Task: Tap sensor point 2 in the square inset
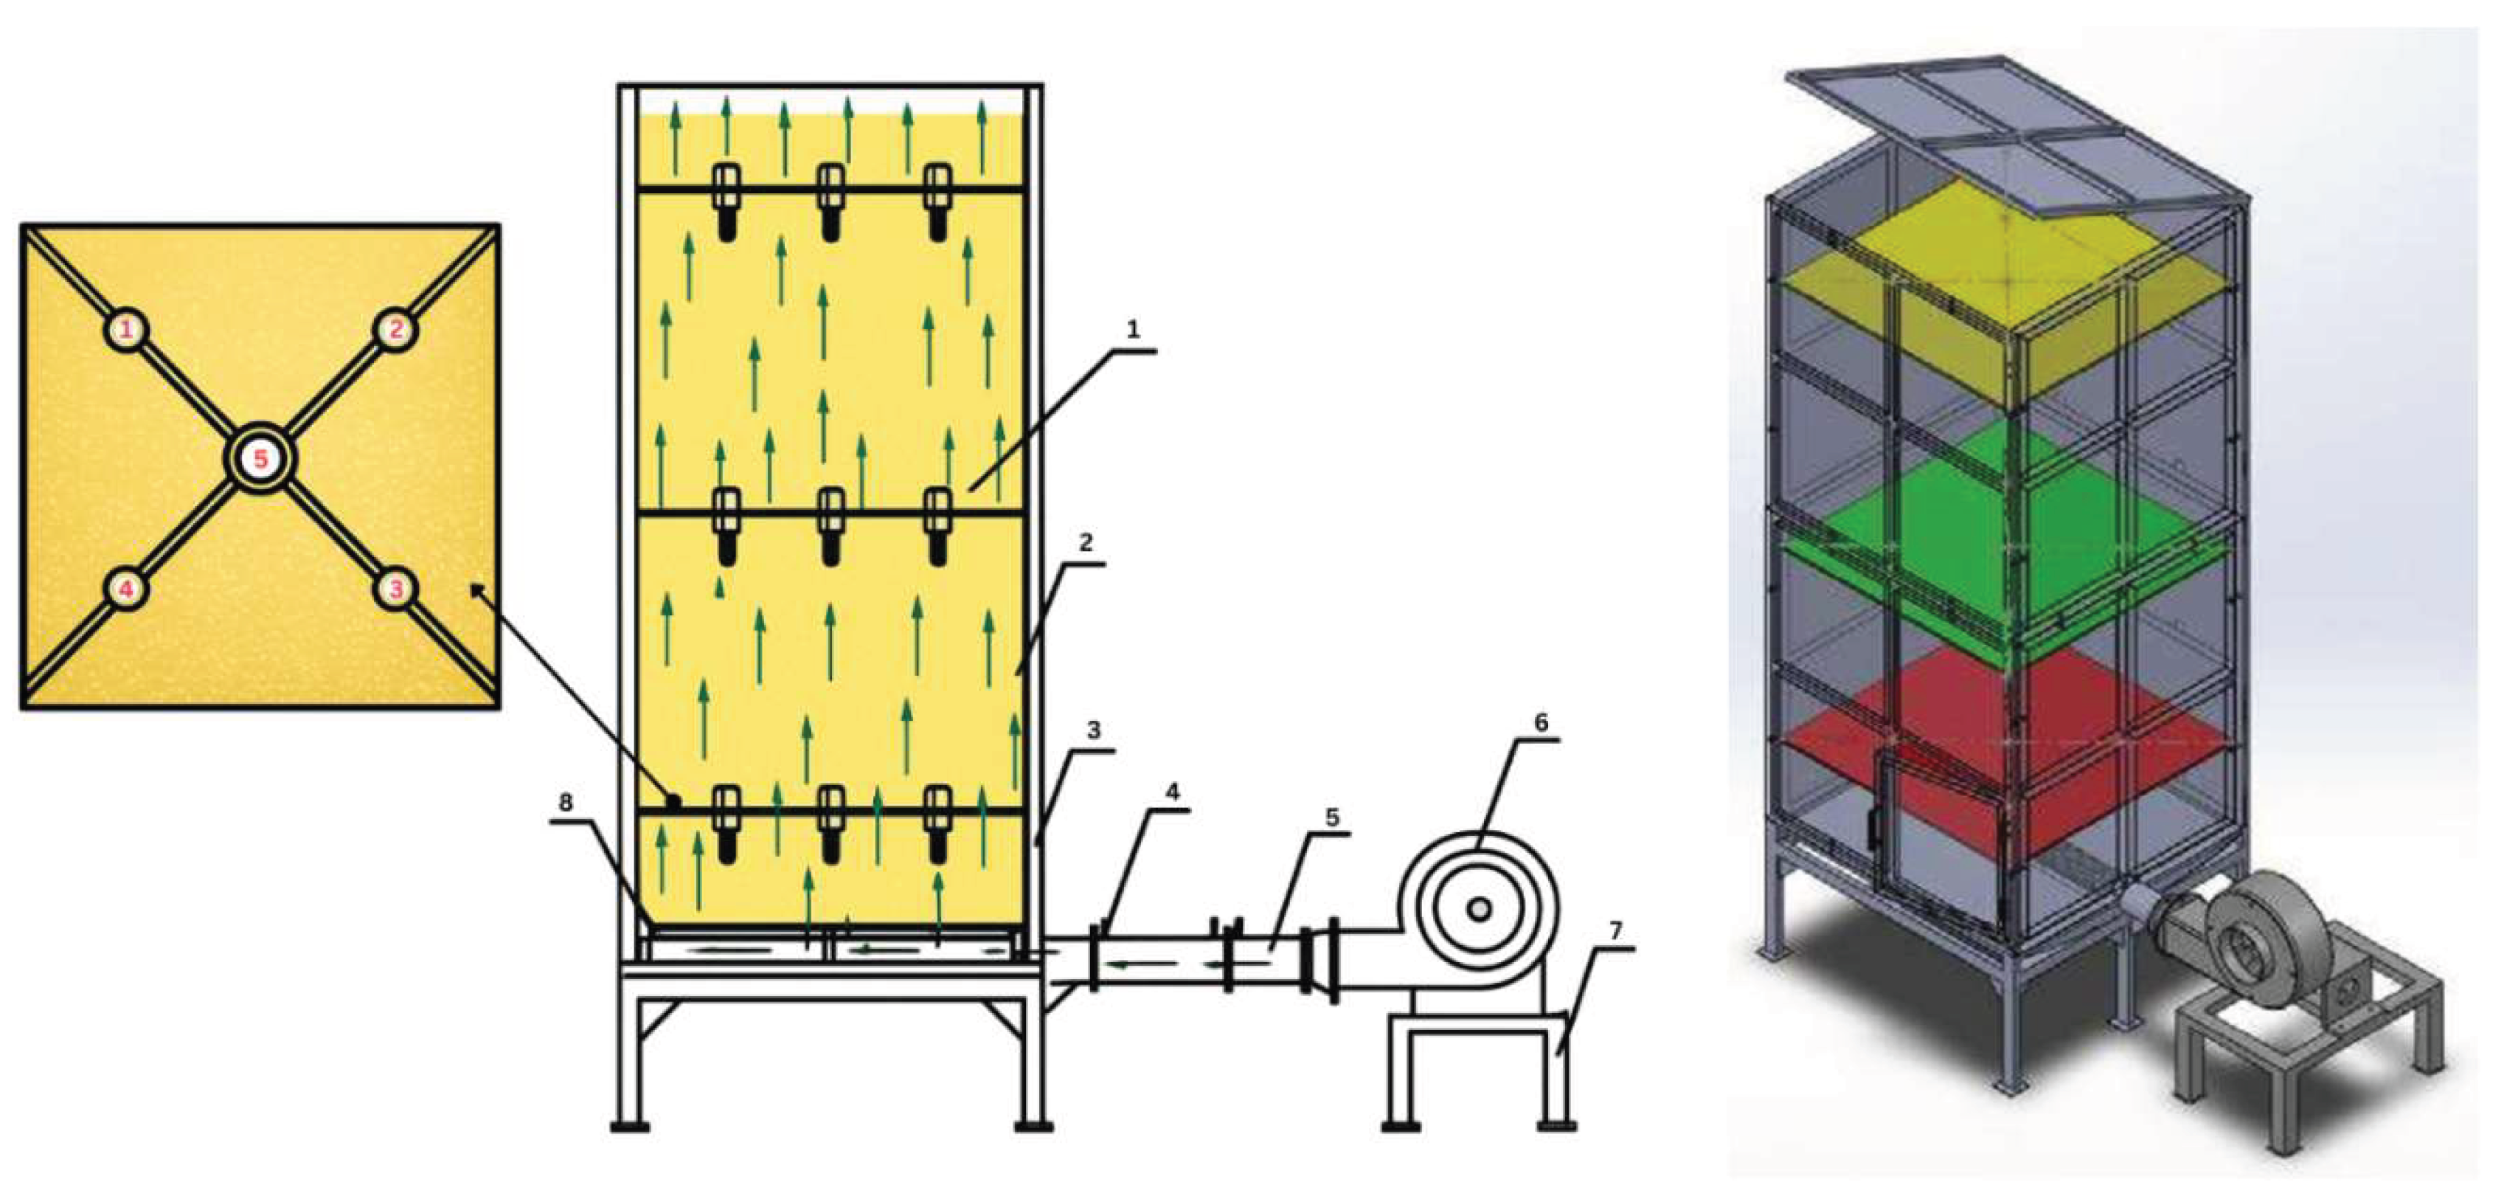(395, 330)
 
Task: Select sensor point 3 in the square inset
(395, 588)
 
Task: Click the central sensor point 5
(260, 458)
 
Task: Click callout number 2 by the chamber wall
(1086, 542)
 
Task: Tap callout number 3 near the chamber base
(1094, 729)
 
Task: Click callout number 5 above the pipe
(1332, 818)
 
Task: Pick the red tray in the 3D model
(2002, 758)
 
